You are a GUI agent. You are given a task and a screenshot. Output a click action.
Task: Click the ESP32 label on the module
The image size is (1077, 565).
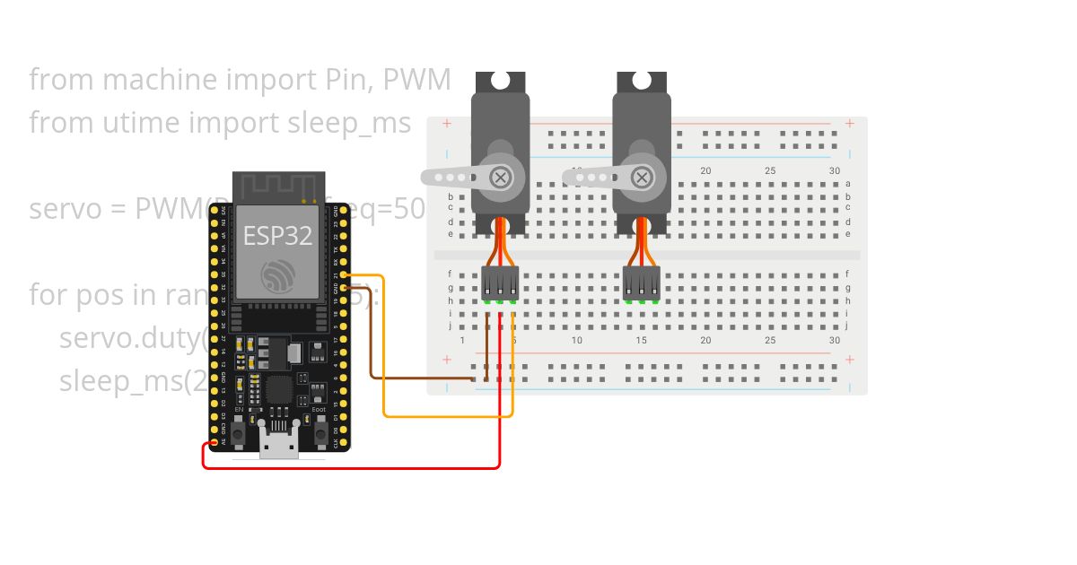tap(277, 236)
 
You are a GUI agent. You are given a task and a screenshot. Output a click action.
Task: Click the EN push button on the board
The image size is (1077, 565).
tap(239, 433)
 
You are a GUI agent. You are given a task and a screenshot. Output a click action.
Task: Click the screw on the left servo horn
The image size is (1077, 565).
tap(500, 177)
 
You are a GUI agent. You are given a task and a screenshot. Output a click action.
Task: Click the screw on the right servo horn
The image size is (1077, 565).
tap(641, 177)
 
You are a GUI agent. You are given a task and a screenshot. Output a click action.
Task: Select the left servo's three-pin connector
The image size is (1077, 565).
tap(500, 282)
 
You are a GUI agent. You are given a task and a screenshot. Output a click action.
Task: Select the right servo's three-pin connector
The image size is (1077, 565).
tap(642, 282)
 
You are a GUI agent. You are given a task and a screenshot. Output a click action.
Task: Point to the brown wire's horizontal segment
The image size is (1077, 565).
tap(422, 378)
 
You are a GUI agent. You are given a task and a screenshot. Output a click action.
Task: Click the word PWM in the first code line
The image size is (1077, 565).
tap(416, 80)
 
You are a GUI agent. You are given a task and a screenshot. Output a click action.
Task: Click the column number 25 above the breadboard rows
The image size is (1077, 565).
tap(770, 170)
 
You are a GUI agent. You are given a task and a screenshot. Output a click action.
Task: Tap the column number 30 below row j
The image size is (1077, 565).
tap(835, 340)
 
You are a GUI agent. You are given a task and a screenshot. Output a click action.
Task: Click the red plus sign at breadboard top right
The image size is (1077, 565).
tap(849, 124)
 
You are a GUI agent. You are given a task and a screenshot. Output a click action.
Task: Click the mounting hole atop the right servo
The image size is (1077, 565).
tap(642, 81)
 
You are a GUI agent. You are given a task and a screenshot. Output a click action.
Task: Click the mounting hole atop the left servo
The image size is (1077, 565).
tap(500, 81)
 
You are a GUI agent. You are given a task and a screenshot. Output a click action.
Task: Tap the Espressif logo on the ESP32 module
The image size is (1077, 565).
tap(277, 276)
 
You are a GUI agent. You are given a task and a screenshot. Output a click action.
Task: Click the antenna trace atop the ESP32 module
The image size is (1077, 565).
tap(278, 187)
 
